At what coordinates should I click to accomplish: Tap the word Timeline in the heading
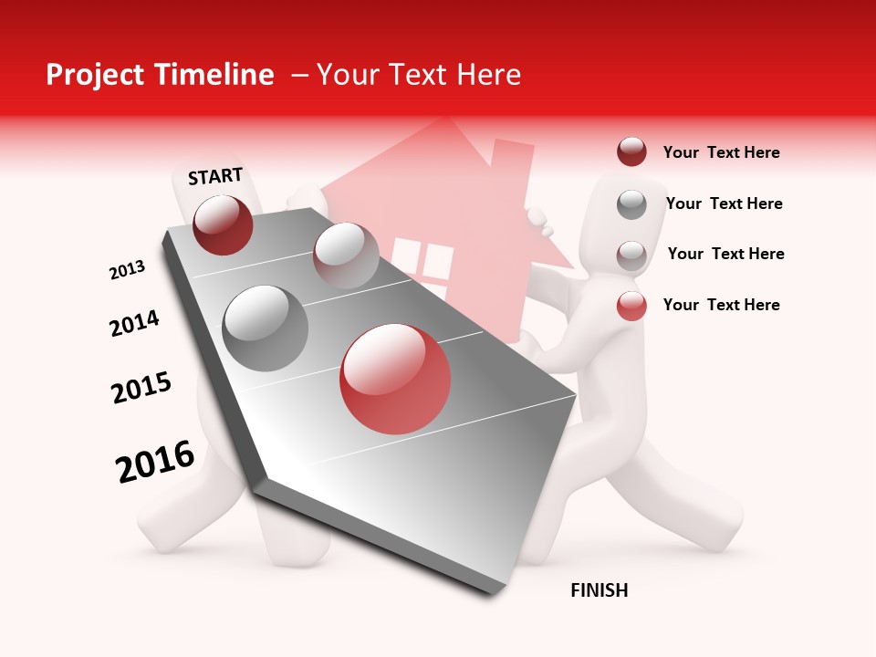(x=215, y=75)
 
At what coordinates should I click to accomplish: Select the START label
(x=215, y=176)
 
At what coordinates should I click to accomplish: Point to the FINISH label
(x=600, y=590)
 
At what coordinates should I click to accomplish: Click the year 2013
(x=127, y=270)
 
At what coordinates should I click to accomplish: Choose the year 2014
(x=134, y=323)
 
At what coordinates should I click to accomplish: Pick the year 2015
(x=141, y=388)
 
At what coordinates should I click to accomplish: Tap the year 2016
(x=155, y=462)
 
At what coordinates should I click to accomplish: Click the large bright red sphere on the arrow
(x=395, y=379)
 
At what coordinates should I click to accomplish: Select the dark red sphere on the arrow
(x=223, y=224)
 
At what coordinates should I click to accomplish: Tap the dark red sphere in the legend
(x=631, y=152)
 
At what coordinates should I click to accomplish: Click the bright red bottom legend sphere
(x=631, y=306)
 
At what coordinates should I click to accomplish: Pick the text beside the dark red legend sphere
(x=721, y=152)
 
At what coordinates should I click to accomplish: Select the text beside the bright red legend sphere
(x=721, y=305)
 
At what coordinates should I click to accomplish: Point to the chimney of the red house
(x=512, y=169)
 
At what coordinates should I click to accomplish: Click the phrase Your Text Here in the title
(x=419, y=75)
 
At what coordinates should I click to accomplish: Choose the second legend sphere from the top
(x=631, y=204)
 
